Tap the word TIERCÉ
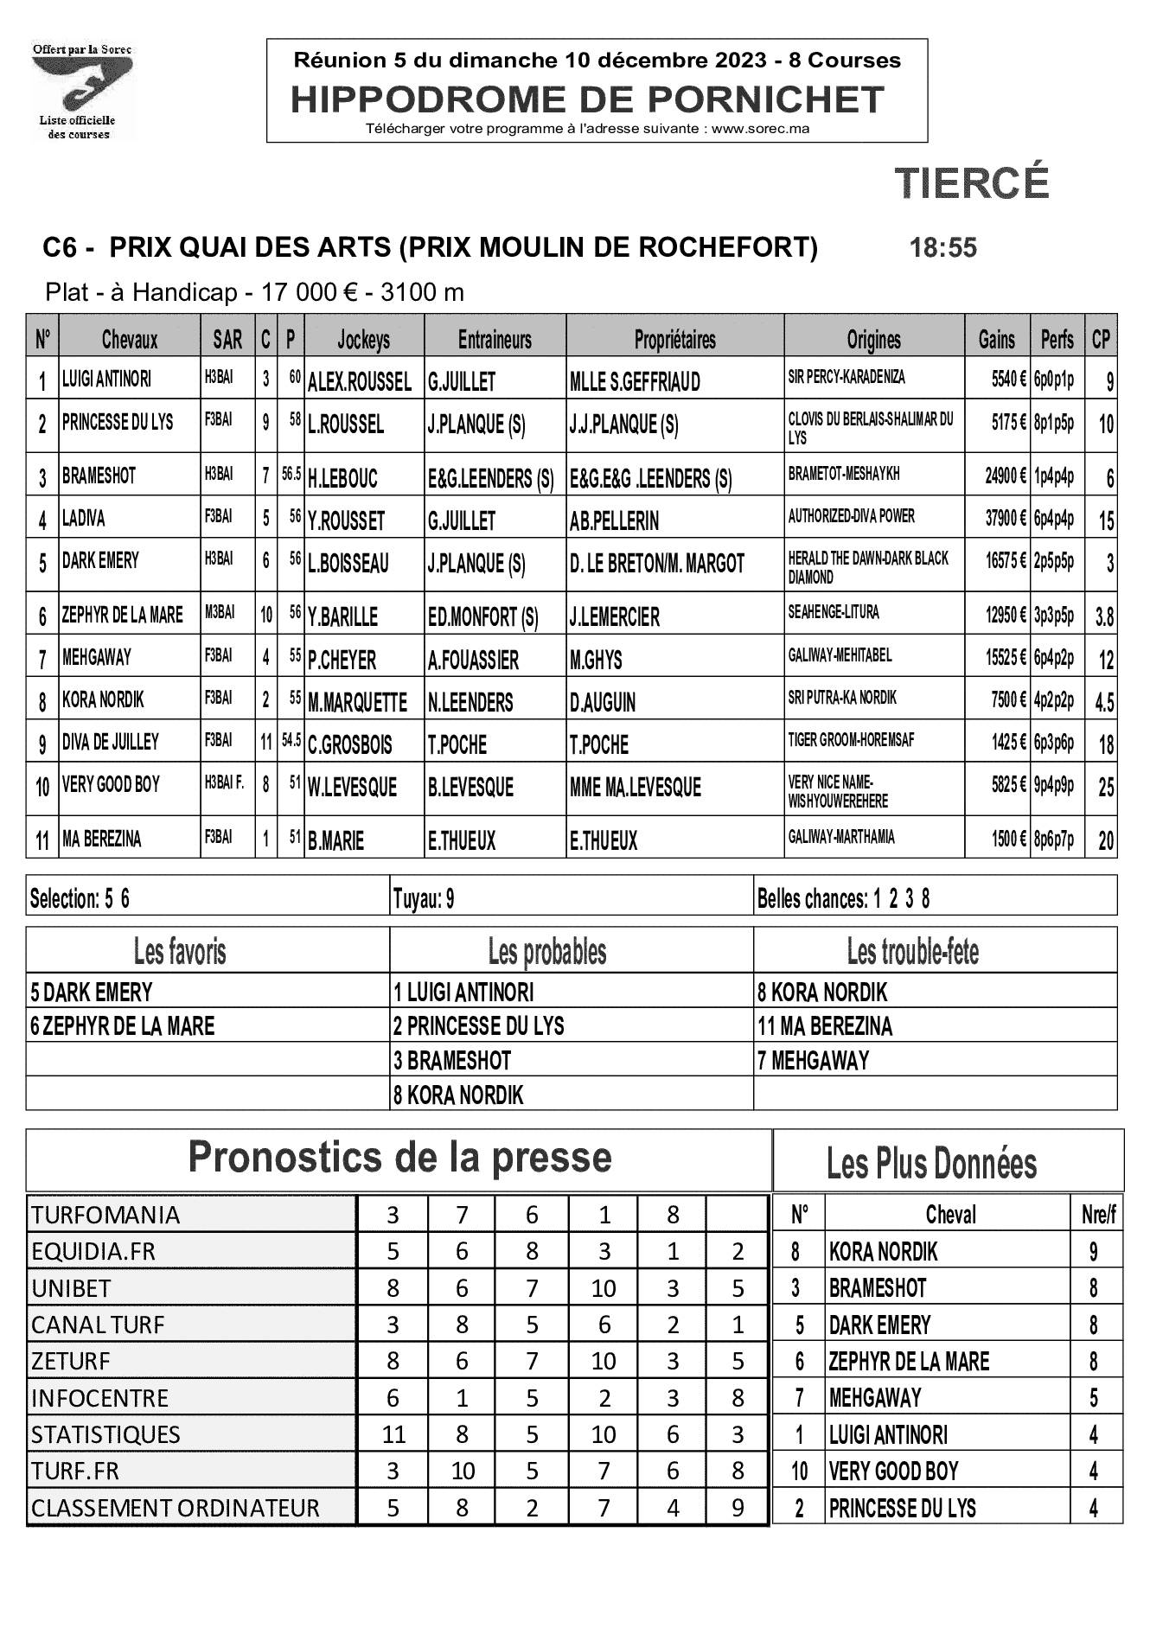coord(971,182)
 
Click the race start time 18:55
coord(942,248)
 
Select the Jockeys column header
coord(363,340)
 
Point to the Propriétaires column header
coord(674,340)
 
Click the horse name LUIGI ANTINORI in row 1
coord(106,379)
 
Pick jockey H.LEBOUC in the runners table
coord(342,478)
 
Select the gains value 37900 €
coord(1005,519)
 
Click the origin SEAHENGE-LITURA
coord(833,613)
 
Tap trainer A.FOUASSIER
coord(473,661)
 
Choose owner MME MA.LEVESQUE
coord(635,788)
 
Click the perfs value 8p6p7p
coord(1053,840)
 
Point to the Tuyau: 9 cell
coord(424,899)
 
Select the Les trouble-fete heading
coord(912,952)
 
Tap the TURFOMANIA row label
coord(105,1215)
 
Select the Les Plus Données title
coord(931,1163)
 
